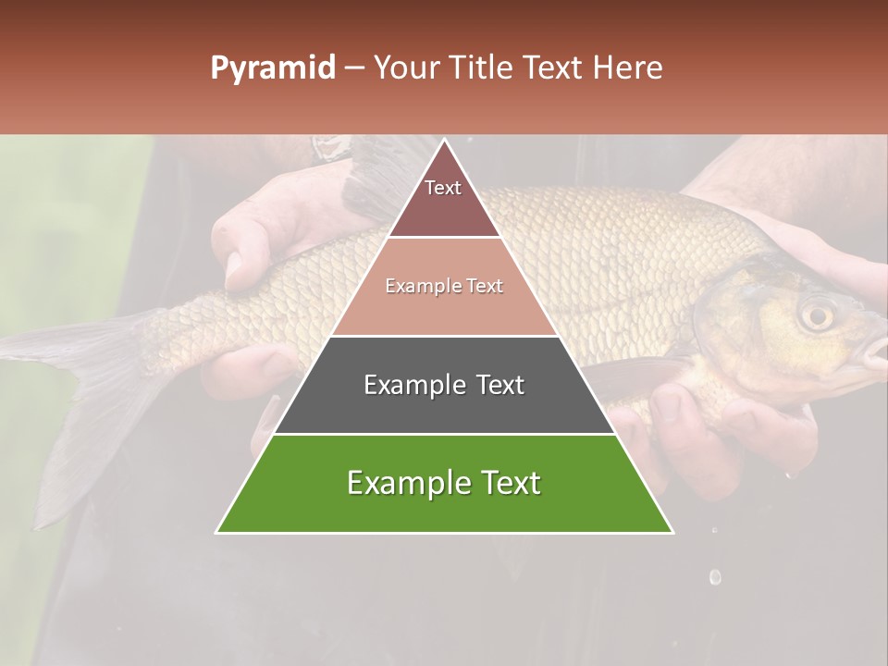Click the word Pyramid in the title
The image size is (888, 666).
(272, 68)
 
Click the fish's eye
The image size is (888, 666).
(816, 315)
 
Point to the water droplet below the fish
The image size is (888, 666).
(714, 577)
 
